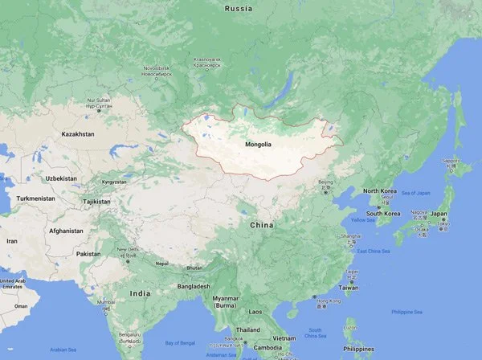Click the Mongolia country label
pos(259,145)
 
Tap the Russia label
pos(238,9)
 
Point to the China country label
pos(261,225)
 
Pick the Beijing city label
pos(325,182)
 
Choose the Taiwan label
pos(349,287)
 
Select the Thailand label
pos(247,329)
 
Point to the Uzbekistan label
pos(61,178)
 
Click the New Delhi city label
pos(129,250)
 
